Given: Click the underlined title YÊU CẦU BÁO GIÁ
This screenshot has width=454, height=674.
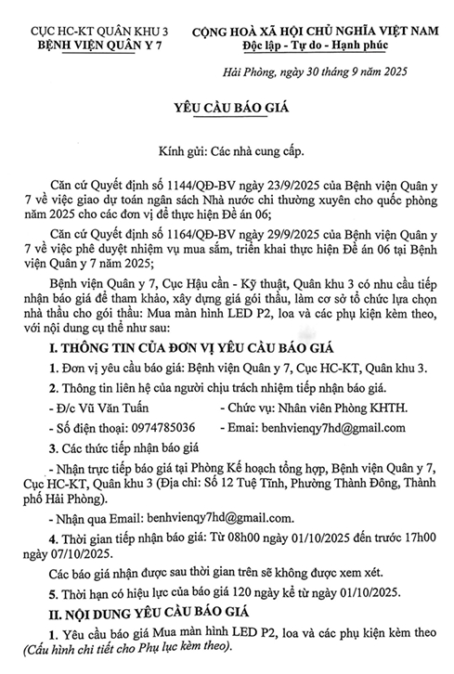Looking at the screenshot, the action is (x=227, y=107).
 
